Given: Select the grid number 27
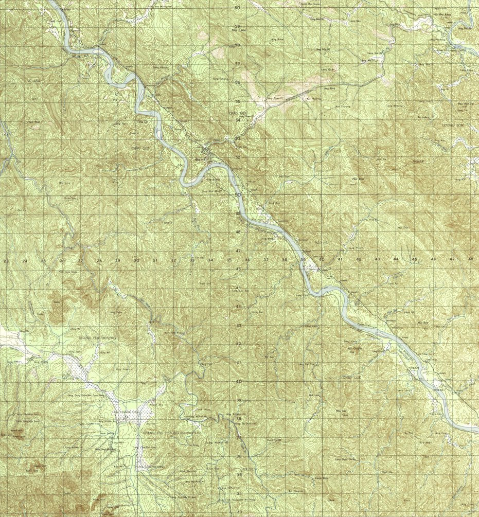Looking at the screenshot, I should (x=80, y=261).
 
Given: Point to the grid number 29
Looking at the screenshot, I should (x=117, y=261).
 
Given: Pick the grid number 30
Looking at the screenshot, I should (x=136, y=260).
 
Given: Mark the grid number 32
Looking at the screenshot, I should (x=173, y=260).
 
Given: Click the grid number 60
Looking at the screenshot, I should (x=237, y=8).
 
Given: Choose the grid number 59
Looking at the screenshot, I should (x=238, y=26).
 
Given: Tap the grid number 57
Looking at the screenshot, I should (x=238, y=64).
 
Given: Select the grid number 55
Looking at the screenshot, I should (x=238, y=101).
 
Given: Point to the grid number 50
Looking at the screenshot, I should (x=237, y=195).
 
